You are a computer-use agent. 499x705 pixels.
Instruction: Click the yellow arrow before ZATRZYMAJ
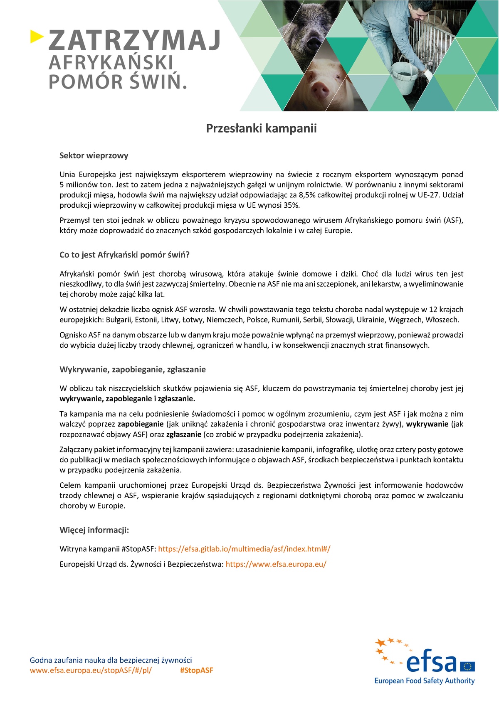coord(37,37)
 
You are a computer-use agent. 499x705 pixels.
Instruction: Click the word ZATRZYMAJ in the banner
coord(134,40)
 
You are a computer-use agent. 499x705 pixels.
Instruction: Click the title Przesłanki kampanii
coord(261,128)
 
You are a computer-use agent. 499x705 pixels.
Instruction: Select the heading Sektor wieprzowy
coord(94,156)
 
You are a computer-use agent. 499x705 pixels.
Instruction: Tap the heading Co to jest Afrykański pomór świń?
coord(124,255)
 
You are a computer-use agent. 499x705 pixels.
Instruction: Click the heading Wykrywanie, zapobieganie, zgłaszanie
coord(133,369)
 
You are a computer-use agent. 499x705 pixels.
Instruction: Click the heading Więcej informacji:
coord(94,530)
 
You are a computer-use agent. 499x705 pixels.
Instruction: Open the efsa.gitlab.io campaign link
coord(244,549)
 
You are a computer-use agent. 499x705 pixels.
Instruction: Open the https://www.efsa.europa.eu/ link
coord(276,564)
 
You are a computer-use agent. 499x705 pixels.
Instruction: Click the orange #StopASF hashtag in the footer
coord(197,670)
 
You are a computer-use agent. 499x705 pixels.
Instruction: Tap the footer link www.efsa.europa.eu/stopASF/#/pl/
coord(91,670)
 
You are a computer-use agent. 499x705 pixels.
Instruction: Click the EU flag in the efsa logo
coord(468,666)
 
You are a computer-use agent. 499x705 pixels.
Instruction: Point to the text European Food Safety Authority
coord(424,680)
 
